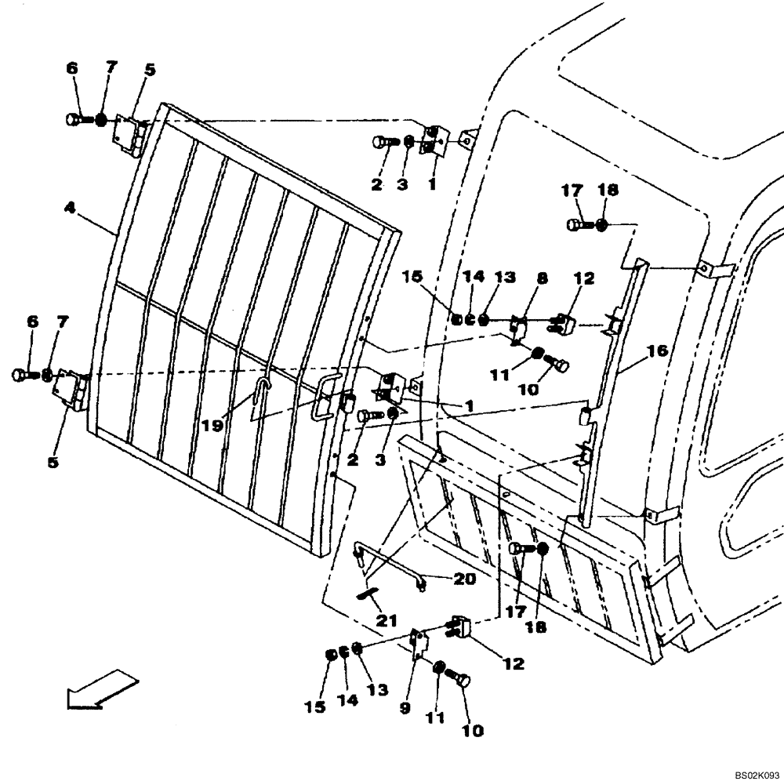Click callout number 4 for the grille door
point(70,209)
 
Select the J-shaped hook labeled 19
point(264,389)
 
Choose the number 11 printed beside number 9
point(435,717)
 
